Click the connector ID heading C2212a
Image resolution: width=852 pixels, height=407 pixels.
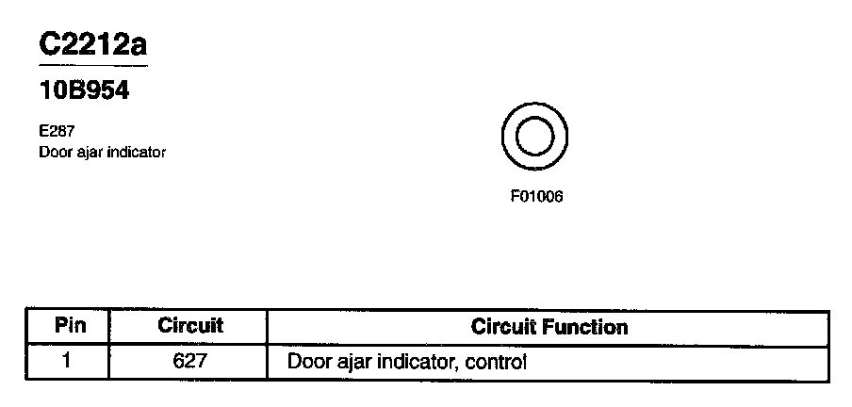pyautogui.click(x=92, y=45)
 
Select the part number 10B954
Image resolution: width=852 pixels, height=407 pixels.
pyautogui.click(x=83, y=93)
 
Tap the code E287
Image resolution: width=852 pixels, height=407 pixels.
pyautogui.click(x=57, y=132)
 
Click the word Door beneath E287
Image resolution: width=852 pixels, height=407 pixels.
pyautogui.click(x=54, y=152)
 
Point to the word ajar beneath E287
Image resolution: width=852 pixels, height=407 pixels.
pyautogui.click(x=87, y=152)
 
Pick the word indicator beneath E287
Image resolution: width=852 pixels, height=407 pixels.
pyautogui.click(x=135, y=152)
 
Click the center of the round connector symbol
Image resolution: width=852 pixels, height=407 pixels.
pyautogui.click(x=534, y=138)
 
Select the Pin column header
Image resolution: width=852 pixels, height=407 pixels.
pyautogui.click(x=71, y=327)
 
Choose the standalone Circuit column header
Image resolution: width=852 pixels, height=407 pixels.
pyautogui.click(x=189, y=327)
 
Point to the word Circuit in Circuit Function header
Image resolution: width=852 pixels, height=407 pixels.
pyautogui.click(x=507, y=327)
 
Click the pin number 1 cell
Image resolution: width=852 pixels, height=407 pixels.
pyautogui.click(x=67, y=360)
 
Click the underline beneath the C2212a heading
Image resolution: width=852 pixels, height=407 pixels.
pyautogui.click(x=92, y=66)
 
